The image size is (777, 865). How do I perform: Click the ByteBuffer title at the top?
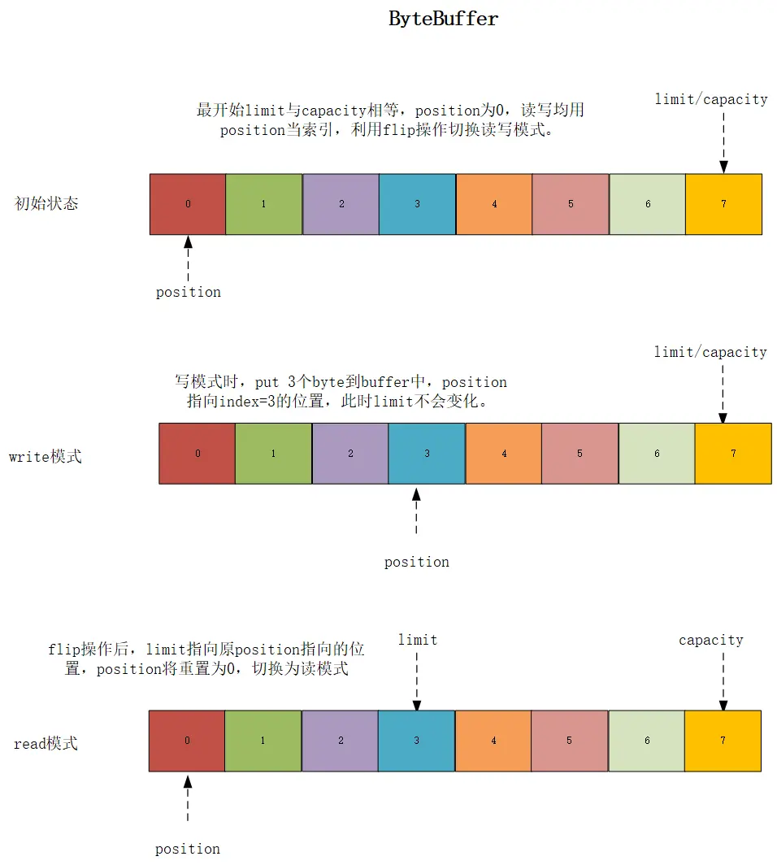443,20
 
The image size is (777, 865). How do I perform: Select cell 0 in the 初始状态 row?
188,204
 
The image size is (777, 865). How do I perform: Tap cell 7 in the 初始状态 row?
723,204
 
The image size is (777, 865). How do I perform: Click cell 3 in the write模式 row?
427,454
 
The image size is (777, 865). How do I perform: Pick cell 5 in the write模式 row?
579,454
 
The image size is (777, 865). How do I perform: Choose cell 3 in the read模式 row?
416,741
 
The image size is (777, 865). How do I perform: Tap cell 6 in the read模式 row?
646,741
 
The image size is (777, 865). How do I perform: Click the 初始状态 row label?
47,203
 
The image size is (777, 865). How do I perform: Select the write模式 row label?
46,456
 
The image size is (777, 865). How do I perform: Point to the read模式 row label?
46,744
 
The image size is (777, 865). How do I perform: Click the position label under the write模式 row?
416,562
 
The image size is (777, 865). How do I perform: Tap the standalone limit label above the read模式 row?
418,640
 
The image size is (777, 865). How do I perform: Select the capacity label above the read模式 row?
711,640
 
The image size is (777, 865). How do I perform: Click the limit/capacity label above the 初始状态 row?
711,99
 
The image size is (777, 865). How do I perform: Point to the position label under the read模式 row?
188,849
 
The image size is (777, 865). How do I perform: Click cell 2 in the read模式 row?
340,741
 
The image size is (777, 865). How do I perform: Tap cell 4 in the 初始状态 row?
494,204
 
